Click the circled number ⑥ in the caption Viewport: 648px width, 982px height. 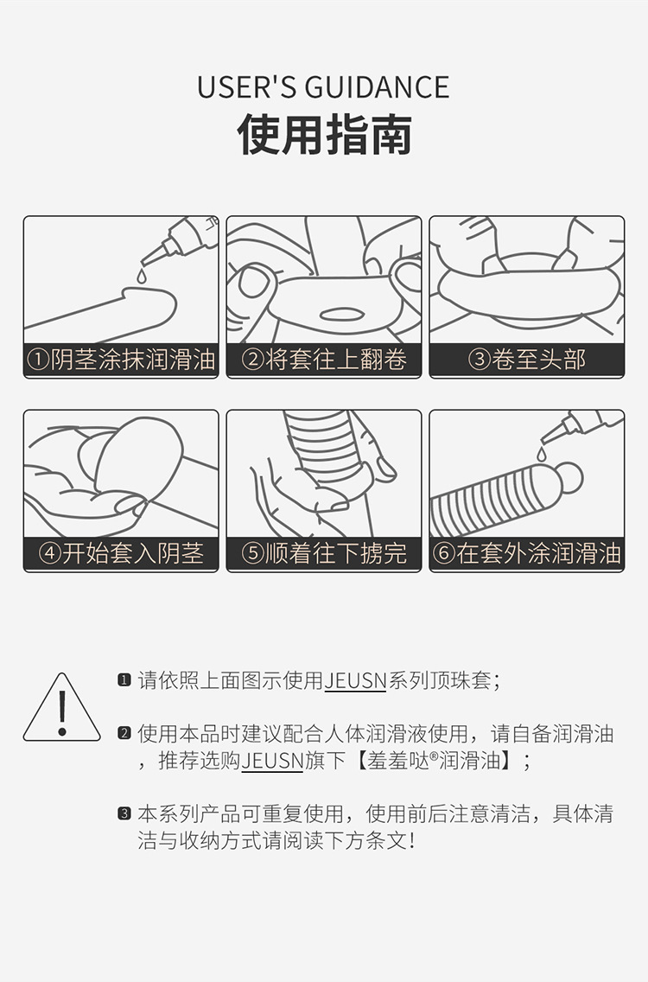point(443,553)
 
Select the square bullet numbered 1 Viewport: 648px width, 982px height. point(124,680)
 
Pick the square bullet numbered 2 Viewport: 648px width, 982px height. point(124,734)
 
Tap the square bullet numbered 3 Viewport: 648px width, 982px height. point(124,813)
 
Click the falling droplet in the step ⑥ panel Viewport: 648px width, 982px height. point(542,453)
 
